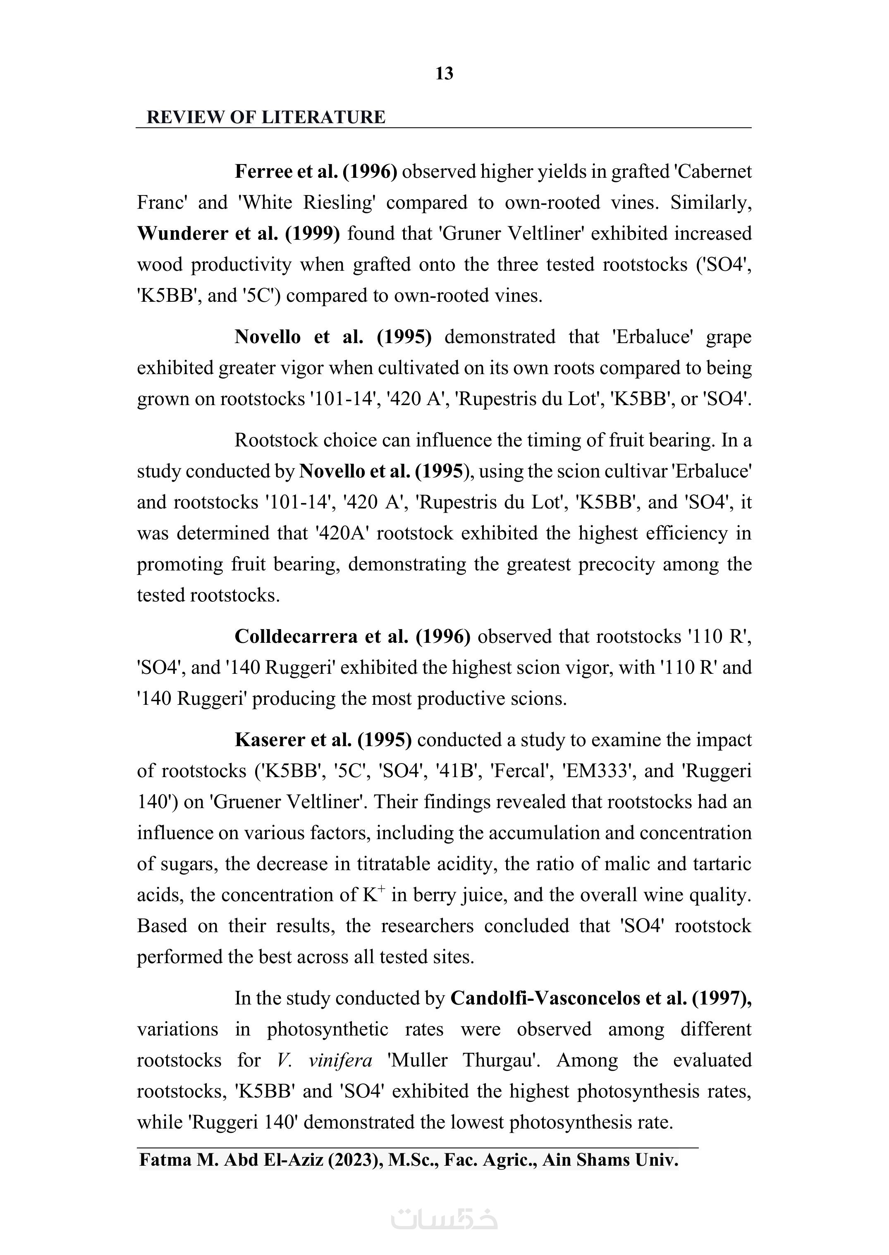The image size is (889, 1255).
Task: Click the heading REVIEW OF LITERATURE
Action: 266,117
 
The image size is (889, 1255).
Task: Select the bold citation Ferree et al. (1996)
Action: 316,172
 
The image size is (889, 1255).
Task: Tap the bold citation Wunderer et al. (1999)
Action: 238,234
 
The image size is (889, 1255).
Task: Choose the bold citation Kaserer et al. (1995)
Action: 323,740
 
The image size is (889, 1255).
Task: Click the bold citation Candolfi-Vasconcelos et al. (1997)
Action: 600,998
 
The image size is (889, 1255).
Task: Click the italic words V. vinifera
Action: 325,1060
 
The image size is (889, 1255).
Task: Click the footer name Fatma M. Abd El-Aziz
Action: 232,1160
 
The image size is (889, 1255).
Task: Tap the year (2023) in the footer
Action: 356,1160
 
